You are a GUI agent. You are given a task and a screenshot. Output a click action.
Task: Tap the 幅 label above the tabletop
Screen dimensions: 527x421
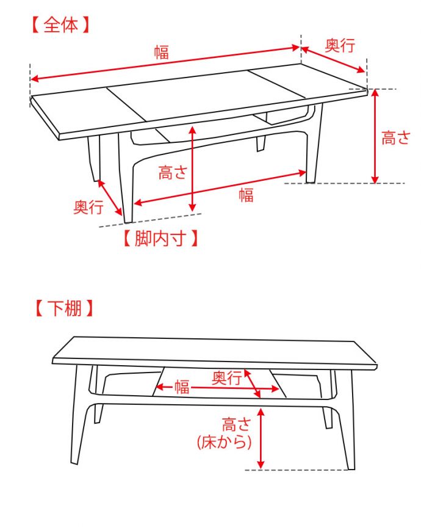click(x=161, y=52)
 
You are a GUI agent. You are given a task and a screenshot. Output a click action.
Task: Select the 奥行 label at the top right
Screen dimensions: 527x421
click(x=339, y=45)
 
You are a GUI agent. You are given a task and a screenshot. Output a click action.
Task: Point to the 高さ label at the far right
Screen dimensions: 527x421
click(x=396, y=138)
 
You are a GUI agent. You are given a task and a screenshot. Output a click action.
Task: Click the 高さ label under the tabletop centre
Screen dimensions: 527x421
click(x=172, y=173)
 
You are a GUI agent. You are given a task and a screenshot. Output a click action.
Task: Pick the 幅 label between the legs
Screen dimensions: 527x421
click(x=246, y=195)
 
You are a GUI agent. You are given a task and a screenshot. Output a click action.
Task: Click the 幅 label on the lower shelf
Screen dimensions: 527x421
click(x=182, y=387)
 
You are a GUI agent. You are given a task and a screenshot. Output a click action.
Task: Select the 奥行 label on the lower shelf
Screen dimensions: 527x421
click(x=227, y=378)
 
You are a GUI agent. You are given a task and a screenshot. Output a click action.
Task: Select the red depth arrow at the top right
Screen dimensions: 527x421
click(x=334, y=59)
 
